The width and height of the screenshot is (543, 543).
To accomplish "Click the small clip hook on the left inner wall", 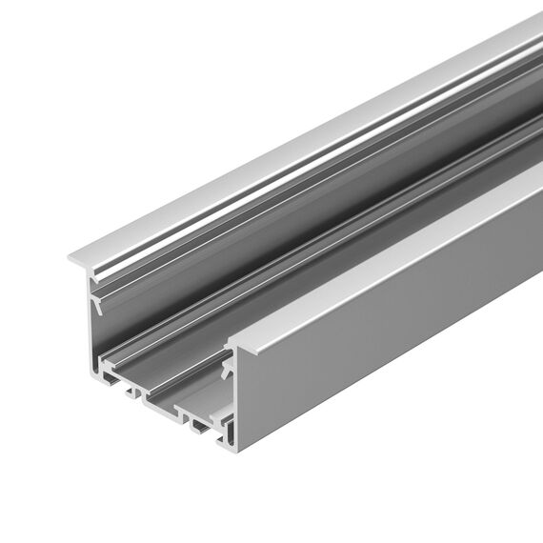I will click(96, 303).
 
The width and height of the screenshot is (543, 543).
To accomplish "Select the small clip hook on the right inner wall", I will click(227, 368).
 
